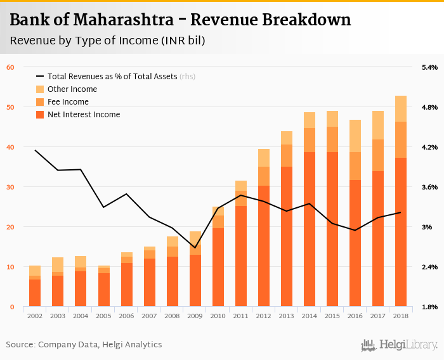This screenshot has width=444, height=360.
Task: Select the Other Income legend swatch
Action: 41,89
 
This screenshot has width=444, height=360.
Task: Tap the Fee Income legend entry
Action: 68,102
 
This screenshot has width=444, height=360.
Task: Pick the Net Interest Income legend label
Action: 84,115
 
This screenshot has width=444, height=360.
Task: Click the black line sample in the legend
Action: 41,77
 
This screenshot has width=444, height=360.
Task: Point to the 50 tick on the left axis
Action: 10,107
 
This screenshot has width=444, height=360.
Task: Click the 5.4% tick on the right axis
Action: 429,67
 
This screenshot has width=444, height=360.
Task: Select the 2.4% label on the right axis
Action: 429,267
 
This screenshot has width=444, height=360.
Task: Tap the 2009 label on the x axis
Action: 195,315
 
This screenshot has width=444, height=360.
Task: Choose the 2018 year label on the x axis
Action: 401,315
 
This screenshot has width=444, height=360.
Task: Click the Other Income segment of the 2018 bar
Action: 401,108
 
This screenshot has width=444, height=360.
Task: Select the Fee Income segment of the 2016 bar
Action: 355,166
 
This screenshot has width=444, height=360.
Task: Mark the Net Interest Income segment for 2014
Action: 310,229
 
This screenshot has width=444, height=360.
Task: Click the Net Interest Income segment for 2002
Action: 35,293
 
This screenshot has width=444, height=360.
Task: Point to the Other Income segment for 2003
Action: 58,264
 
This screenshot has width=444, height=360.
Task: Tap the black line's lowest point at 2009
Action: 195,248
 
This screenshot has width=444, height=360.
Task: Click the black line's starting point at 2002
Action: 35,150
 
